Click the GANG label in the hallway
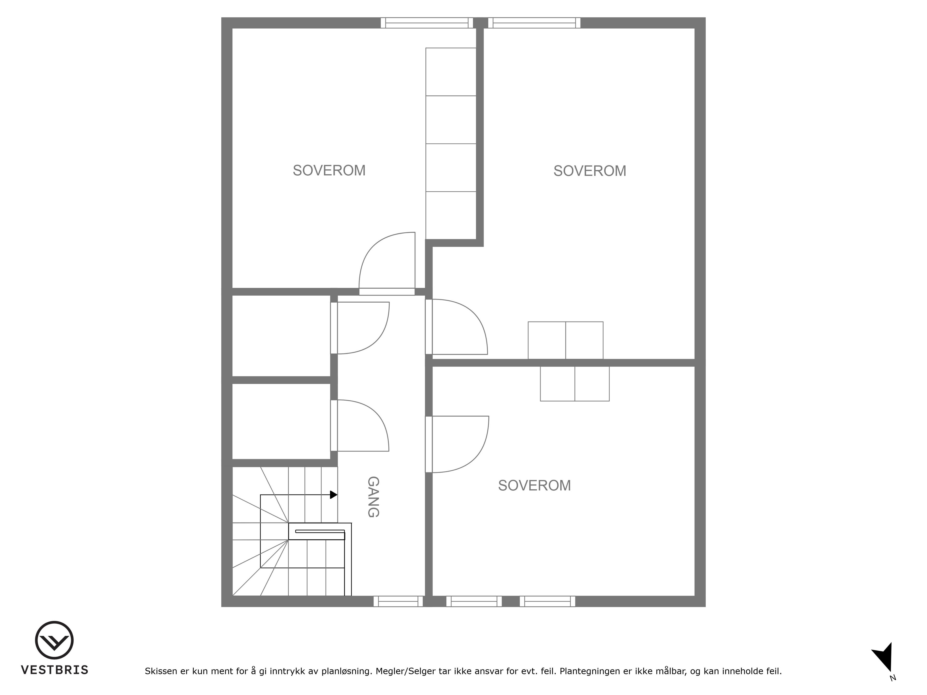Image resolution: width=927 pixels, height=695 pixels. (373, 497)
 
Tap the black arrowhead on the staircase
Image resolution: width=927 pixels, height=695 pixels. (334, 495)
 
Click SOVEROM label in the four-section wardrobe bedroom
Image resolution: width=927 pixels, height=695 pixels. (329, 171)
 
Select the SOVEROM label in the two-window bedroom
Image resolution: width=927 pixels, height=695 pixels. (534, 486)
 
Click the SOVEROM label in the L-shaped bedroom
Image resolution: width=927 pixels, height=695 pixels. (590, 171)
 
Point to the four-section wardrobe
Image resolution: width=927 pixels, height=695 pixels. (451, 144)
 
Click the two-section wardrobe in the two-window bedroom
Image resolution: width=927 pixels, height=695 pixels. (575, 384)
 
